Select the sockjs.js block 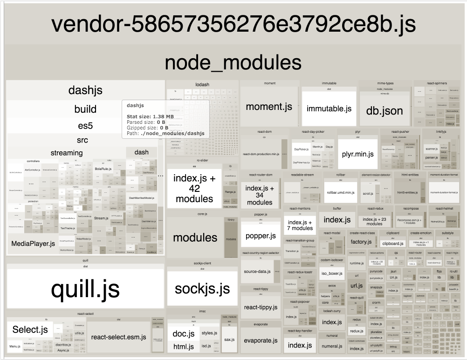click(x=202, y=288)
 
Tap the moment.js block click(x=269, y=107)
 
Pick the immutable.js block click(x=329, y=109)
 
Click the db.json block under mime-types click(x=384, y=111)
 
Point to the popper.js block click(x=261, y=236)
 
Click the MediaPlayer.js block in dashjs click(x=33, y=243)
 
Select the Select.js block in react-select click(x=30, y=330)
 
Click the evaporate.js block click(x=261, y=340)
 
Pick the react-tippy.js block click(x=261, y=307)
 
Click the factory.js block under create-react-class click(x=361, y=242)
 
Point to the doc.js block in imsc click(x=183, y=334)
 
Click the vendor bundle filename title click(x=233, y=24)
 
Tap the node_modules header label click(x=233, y=62)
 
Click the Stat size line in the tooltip click(x=150, y=116)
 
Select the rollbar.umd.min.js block click(x=340, y=192)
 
